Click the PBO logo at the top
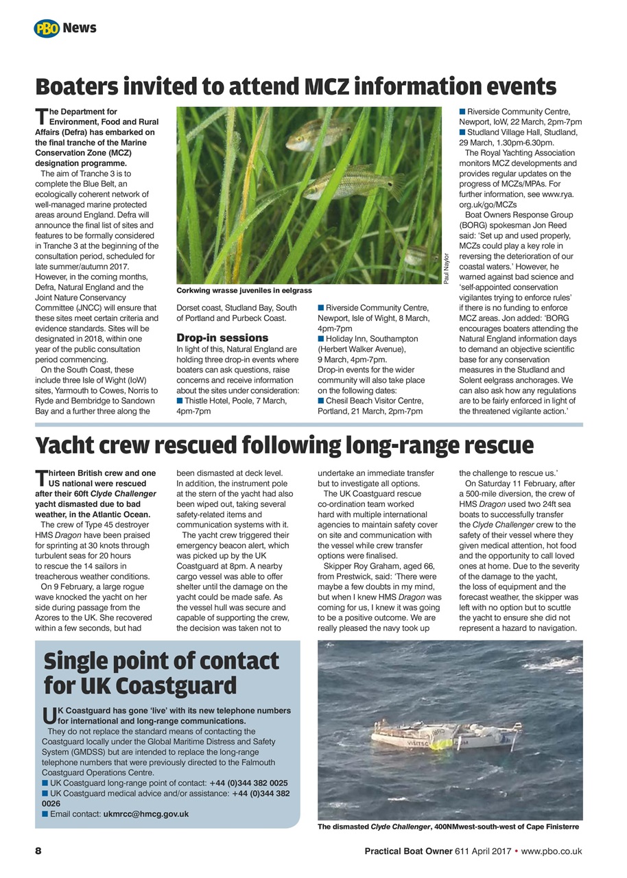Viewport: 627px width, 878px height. (47, 29)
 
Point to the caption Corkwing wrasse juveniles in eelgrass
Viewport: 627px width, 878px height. (244, 291)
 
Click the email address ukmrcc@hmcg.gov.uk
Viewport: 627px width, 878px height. (145, 814)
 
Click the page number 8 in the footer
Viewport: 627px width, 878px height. (38, 851)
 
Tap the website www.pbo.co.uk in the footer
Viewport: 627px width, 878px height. (552, 851)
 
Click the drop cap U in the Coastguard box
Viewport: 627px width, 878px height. (47, 716)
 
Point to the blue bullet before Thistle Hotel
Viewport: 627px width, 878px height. (180, 401)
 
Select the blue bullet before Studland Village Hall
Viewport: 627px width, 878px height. (462, 132)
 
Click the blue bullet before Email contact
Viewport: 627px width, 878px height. (45, 814)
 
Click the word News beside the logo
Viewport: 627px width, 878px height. (80, 29)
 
